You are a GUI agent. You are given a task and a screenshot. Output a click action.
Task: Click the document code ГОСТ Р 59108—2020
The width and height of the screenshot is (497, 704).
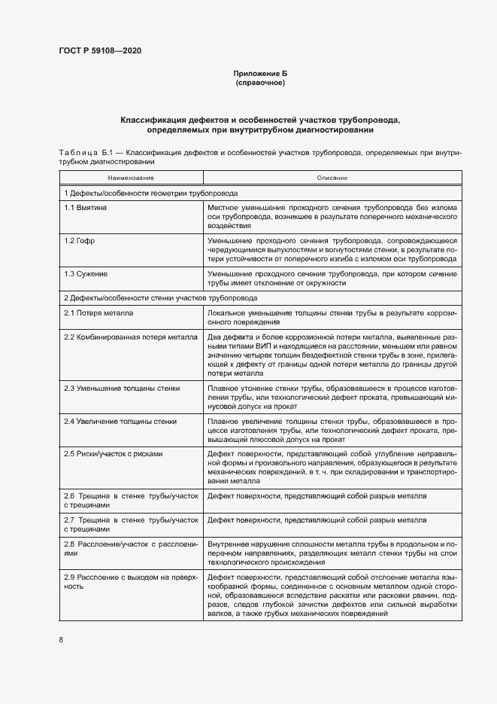(x=100, y=51)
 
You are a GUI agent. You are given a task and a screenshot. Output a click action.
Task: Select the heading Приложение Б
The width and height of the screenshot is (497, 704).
(x=260, y=74)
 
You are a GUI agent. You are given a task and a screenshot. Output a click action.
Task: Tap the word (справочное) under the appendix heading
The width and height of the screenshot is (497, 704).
(x=260, y=83)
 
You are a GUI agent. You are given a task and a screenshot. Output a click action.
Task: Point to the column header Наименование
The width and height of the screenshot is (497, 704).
(x=131, y=178)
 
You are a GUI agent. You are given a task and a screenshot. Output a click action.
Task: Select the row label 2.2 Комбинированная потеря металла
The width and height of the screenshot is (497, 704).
(x=130, y=337)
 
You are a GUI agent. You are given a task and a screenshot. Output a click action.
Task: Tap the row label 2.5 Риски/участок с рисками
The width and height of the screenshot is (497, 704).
(x=114, y=454)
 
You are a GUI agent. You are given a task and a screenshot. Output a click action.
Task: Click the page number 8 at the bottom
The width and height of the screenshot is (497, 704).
(x=61, y=640)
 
